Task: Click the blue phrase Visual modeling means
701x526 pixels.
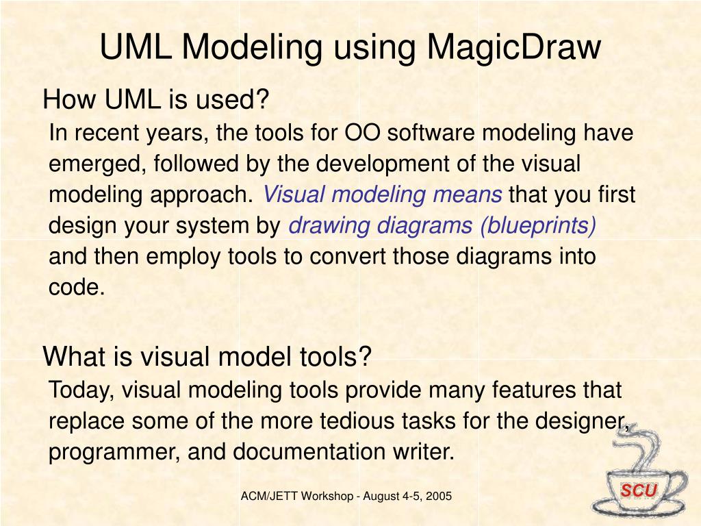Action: (x=383, y=195)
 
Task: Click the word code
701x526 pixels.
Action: (x=76, y=288)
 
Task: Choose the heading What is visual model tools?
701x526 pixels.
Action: (x=207, y=356)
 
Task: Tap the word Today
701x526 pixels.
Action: (x=75, y=390)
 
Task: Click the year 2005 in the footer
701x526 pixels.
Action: (x=438, y=496)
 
